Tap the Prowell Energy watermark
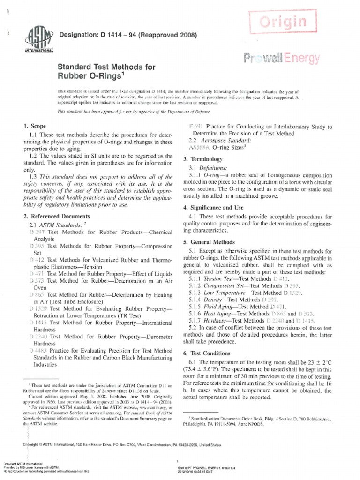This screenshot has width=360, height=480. tap(282, 59)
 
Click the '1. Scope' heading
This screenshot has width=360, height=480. tap(32, 127)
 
